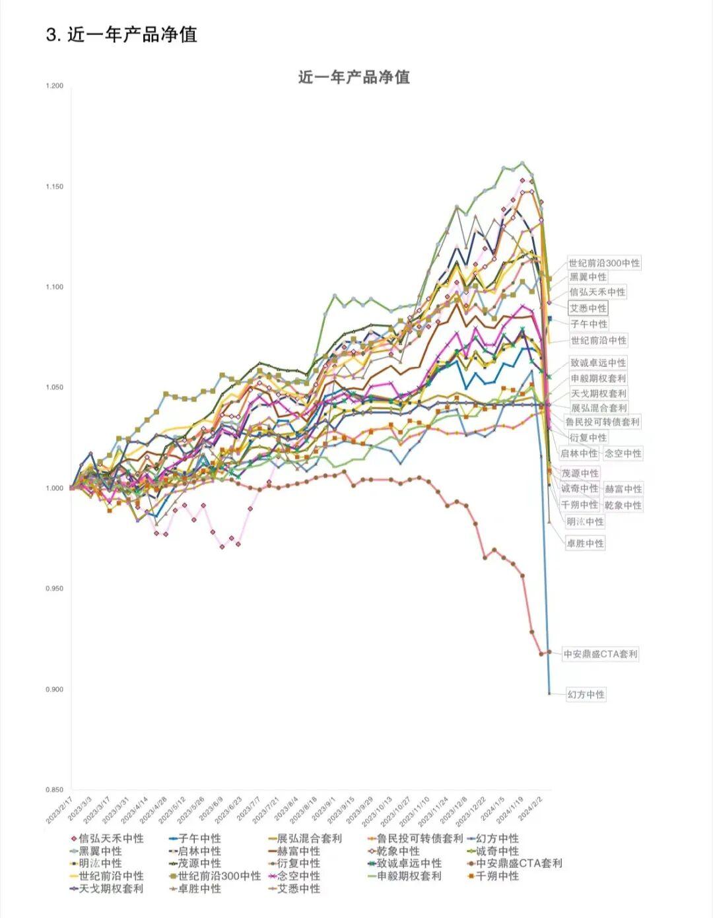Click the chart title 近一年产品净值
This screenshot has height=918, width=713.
pyautogui.click(x=354, y=77)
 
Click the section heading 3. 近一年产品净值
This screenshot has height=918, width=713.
pyautogui.click(x=121, y=34)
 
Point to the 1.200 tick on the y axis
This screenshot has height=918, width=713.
pyautogui.click(x=55, y=86)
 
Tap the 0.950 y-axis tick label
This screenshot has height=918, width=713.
pyautogui.click(x=55, y=589)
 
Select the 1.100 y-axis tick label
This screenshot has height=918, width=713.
pyautogui.click(x=55, y=287)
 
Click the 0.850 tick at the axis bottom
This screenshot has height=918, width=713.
pyautogui.click(x=55, y=790)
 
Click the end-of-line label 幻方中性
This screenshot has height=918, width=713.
pyautogui.click(x=586, y=694)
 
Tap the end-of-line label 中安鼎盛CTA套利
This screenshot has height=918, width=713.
pyautogui.click(x=600, y=654)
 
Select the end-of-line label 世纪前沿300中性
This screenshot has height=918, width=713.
pyautogui.click(x=604, y=263)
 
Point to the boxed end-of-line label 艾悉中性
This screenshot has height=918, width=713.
pyautogui.click(x=588, y=308)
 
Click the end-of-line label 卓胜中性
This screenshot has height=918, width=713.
pyautogui.click(x=585, y=543)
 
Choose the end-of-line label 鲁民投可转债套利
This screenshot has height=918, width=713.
pyautogui.click(x=602, y=422)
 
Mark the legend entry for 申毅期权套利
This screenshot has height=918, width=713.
pyautogui.click(x=409, y=876)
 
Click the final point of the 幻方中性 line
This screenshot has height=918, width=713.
pyautogui.click(x=549, y=693)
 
